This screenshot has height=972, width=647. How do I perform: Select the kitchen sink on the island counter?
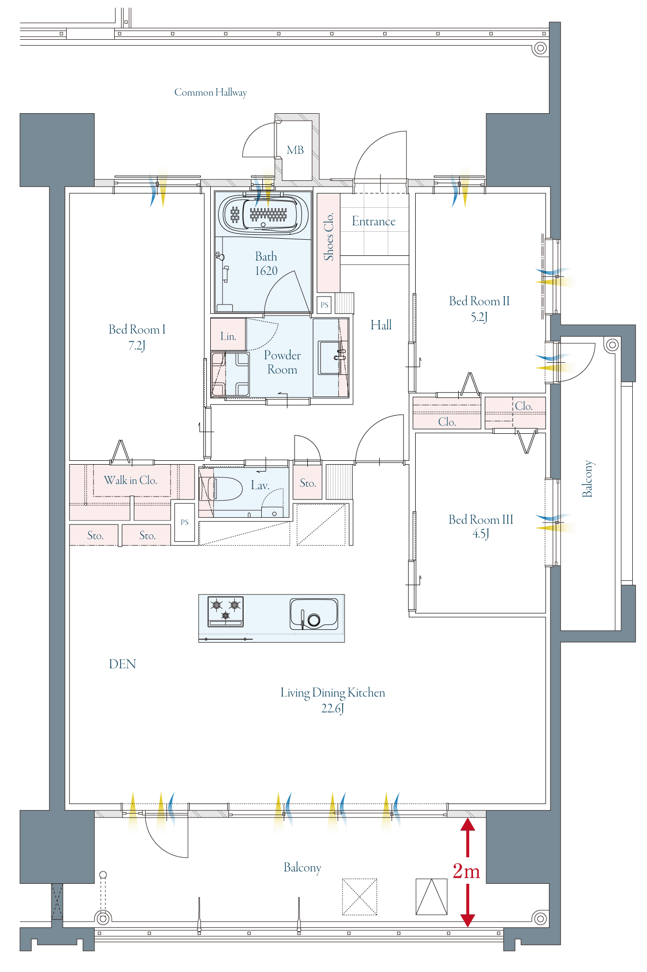tap(314, 614)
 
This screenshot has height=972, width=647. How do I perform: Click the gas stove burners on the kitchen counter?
tap(225, 611)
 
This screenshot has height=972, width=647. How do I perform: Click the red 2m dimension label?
tap(466, 871)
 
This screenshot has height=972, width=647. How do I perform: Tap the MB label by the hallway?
tap(295, 150)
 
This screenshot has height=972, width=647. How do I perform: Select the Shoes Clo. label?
tap(328, 236)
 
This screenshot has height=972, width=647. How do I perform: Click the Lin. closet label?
tap(228, 336)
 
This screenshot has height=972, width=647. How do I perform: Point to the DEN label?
tap(122, 664)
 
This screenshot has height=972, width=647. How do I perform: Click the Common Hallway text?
tap(211, 92)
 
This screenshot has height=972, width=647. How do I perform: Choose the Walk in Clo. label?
tap(130, 480)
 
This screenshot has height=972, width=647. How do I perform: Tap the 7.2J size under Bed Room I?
tap(137, 346)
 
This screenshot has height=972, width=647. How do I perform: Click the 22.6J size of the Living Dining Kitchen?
tap(333, 708)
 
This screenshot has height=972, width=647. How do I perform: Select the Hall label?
tap(381, 325)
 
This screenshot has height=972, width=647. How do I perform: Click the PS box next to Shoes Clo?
tap(324, 305)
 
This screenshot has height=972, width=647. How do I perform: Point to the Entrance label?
tap(373, 221)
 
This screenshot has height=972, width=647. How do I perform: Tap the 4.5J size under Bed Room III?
tap(480, 534)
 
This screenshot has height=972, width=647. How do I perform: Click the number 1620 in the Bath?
tap(266, 271)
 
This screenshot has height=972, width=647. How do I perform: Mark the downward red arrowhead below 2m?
tap(468, 920)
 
